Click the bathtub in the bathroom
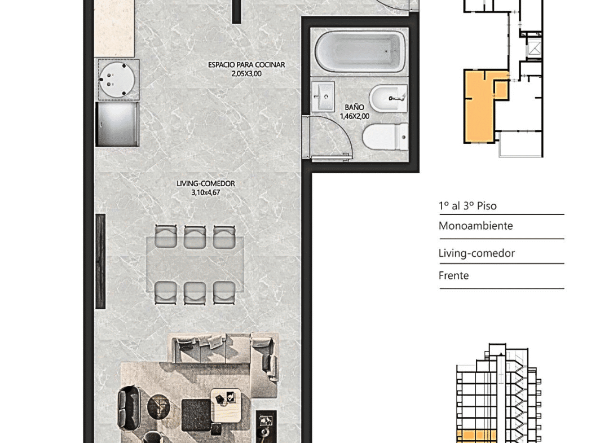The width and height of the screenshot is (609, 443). coord(360,51)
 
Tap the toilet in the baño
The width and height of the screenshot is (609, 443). coord(385,137)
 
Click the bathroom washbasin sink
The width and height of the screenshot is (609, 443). coord(323,97)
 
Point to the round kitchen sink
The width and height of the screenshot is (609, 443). coord(118,80)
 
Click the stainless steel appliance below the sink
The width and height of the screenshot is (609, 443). coord(117,124)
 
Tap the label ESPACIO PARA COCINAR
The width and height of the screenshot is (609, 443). coord(246,65)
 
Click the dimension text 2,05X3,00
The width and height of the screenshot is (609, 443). coord(246,74)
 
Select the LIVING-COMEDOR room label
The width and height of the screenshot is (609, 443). coord(205,183)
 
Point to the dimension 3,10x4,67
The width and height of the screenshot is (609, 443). coord(205,192)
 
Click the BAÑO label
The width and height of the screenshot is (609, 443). coord(354,107)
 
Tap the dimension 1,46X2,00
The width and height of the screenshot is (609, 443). coord(354,116)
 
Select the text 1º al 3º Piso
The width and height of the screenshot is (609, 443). coord(467,205)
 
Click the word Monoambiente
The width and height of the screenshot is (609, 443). coord(475,226)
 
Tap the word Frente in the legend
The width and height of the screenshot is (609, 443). coord(453,275)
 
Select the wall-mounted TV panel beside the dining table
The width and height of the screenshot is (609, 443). coord(100,261)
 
